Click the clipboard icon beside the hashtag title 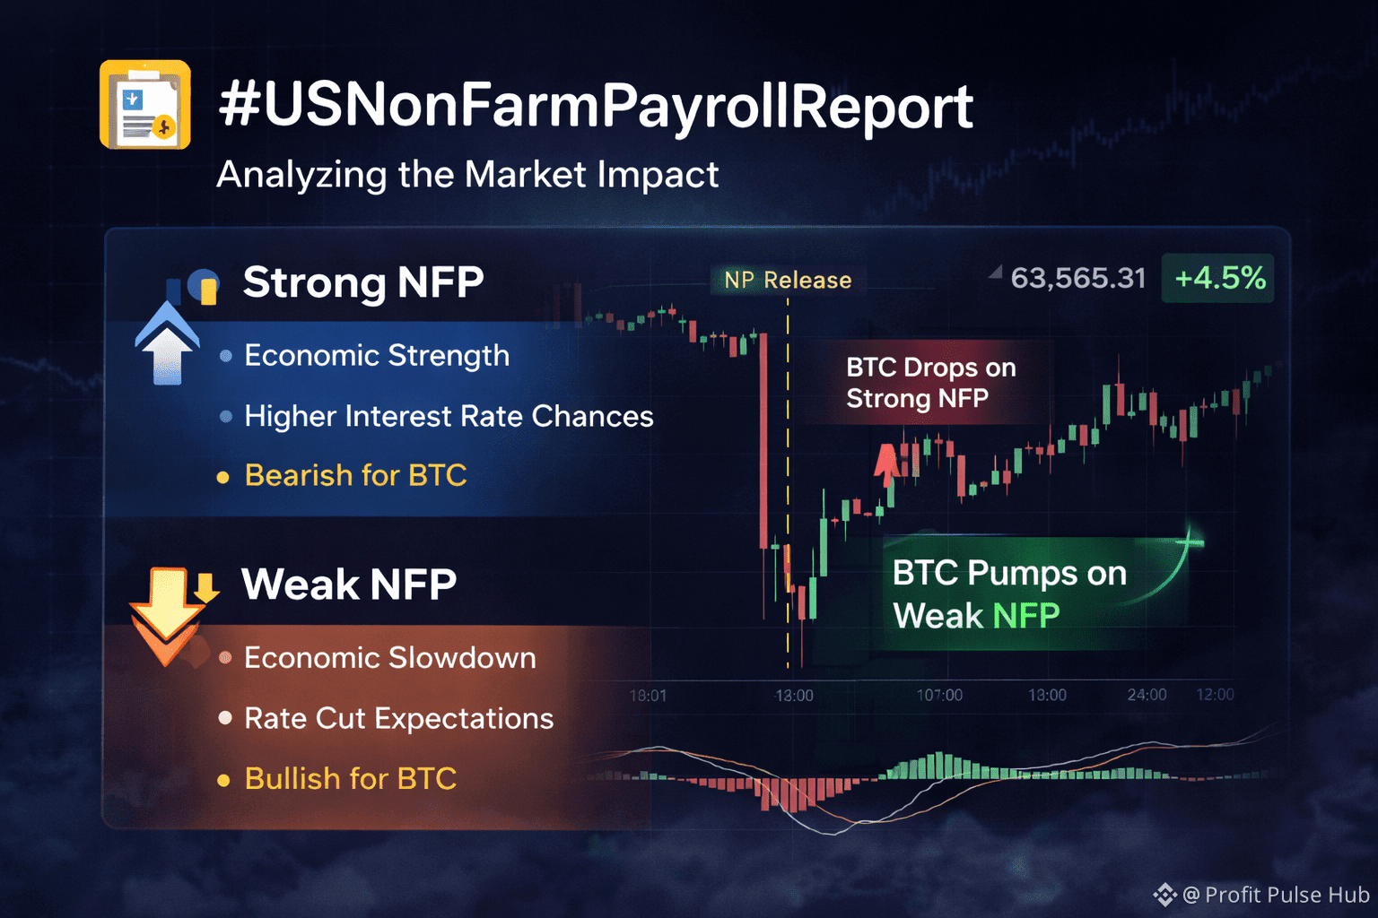tap(145, 105)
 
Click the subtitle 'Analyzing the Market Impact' tap(467, 175)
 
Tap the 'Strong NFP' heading tap(363, 282)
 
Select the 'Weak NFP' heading tap(349, 584)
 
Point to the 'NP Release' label tap(788, 281)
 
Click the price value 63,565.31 tap(1077, 278)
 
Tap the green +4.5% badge tap(1218, 278)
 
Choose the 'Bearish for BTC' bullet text tap(355, 475)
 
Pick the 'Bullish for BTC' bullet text tap(351, 778)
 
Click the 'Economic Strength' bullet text tap(377, 355)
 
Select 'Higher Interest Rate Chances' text tap(449, 416)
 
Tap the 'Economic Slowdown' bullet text tap(390, 658)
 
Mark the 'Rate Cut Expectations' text tap(399, 719)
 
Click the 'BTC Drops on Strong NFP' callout tap(930, 383)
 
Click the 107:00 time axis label tap(939, 696)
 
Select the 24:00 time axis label tap(1147, 695)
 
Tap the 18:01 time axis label tap(648, 696)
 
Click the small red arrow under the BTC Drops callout tap(886, 465)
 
